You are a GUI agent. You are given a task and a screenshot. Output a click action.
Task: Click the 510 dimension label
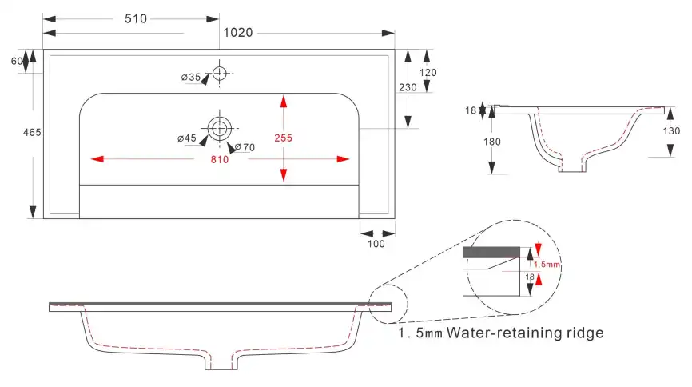[136, 18]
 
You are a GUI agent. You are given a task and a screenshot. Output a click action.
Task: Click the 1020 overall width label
[238, 33]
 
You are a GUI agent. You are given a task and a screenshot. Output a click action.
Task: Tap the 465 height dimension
[32, 132]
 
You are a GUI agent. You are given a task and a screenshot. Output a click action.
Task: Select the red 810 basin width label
[219, 159]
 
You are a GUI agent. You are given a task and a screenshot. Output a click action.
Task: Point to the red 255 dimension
[284, 138]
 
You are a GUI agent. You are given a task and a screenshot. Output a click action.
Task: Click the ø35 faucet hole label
[191, 77]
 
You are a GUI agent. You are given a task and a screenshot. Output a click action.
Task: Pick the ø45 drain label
[187, 138]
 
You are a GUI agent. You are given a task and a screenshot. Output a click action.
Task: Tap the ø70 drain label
[245, 147]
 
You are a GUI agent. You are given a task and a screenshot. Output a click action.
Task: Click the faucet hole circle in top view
[219, 66]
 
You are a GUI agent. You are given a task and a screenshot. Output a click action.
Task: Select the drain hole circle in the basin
[219, 117]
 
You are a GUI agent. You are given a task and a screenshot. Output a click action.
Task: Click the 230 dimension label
[408, 87]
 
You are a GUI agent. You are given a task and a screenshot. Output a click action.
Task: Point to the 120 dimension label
[428, 73]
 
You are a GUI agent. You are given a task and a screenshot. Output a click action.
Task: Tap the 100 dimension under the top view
[376, 244]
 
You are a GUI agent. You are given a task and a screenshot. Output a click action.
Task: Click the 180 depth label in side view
[492, 142]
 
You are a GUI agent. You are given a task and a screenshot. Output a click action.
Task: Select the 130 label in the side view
[671, 131]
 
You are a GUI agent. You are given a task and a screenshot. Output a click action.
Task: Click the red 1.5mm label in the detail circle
[547, 265]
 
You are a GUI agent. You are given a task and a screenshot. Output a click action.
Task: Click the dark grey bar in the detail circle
[491, 252]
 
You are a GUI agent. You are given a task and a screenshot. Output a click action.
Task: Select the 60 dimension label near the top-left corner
[17, 61]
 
